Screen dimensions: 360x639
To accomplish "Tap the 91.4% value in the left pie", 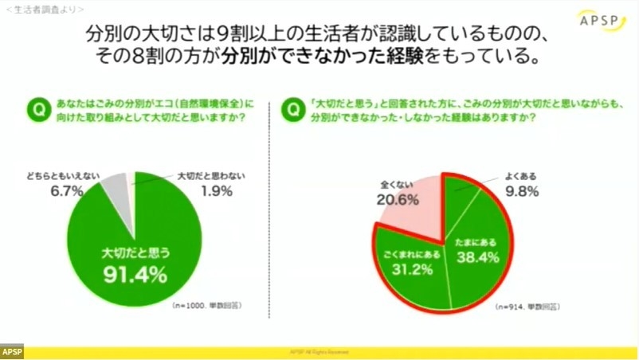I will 135,276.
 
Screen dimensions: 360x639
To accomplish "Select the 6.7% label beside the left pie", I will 64,191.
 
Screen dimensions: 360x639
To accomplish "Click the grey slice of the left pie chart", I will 115,186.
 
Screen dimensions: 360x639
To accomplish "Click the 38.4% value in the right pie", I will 477,257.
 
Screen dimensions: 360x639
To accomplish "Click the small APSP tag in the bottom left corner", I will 12,351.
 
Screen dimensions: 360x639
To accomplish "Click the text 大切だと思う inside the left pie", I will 135,252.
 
